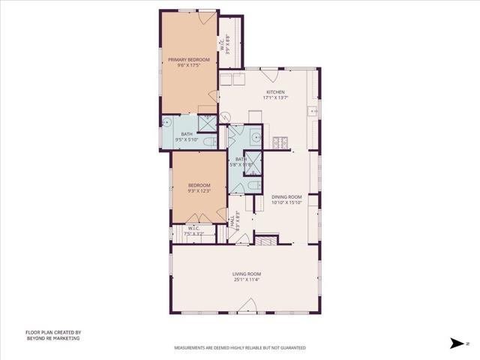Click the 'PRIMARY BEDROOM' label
pos(188,59)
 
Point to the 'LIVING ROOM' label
pos(246,274)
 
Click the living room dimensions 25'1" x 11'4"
pos(246,280)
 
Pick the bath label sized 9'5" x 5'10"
pos(186,136)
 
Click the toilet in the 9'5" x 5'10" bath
pos(211,141)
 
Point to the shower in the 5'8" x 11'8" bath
pos(254,161)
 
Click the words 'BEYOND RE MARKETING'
pos(52,338)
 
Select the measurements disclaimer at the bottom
pos(240,348)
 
